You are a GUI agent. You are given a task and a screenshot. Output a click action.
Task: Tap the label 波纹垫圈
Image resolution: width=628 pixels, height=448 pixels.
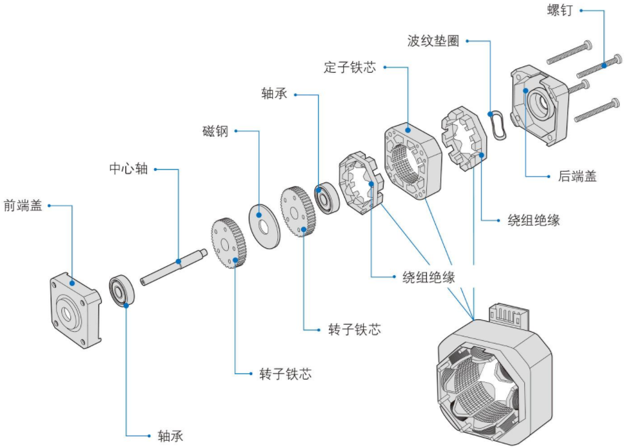pos(433,41)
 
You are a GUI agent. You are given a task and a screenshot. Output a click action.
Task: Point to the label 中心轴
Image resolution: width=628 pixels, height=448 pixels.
pos(128,170)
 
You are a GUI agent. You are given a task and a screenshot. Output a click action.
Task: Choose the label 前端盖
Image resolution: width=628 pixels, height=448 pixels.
pos(23,206)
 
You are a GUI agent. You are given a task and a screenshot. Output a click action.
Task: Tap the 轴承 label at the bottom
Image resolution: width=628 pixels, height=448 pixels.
pos(170,435)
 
